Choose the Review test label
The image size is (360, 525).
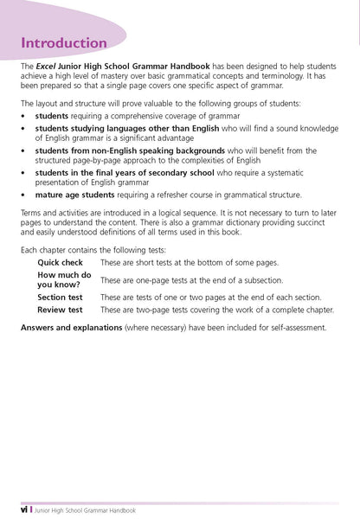tap(60, 309)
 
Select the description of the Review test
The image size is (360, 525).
tap(216, 309)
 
